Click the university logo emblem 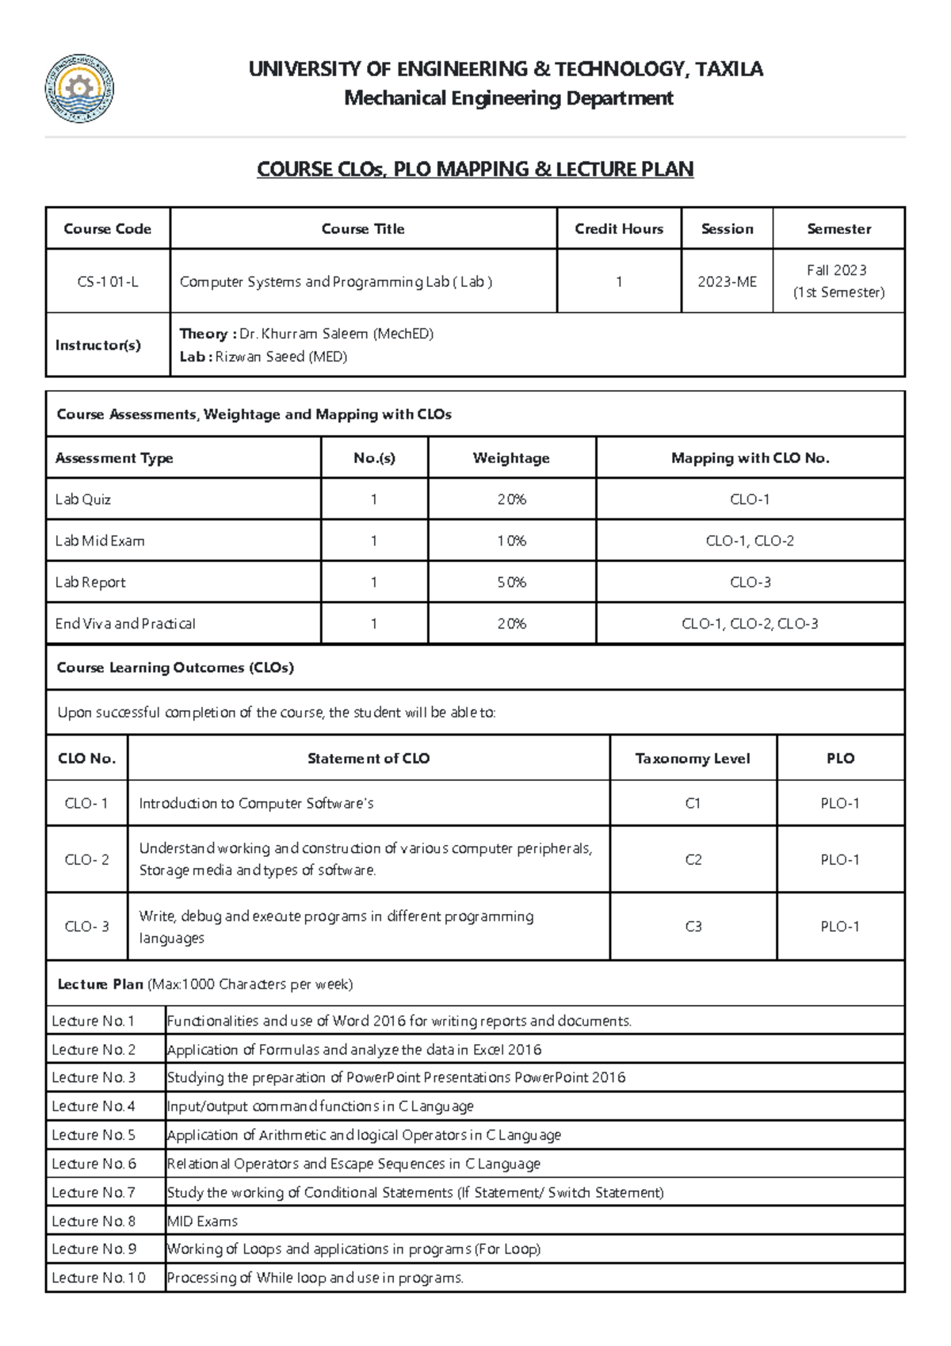(x=79, y=89)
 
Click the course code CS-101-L (x=108, y=281)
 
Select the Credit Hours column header (x=619, y=229)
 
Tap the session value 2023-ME (x=727, y=281)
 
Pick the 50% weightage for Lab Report (x=511, y=582)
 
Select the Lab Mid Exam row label (x=100, y=541)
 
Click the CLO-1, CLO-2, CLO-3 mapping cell (x=750, y=624)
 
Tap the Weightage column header (x=511, y=458)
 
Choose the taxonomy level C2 (x=693, y=859)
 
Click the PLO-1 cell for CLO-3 (x=840, y=926)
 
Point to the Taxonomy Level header (x=693, y=759)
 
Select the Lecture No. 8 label (x=94, y=1221)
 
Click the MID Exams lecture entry (x=202, y=1221)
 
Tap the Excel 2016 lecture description (x=353, y=1050)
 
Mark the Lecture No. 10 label (x=98, y=1278)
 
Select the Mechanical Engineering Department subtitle (x=508, y=98)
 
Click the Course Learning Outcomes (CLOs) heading (x=175, y=667)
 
